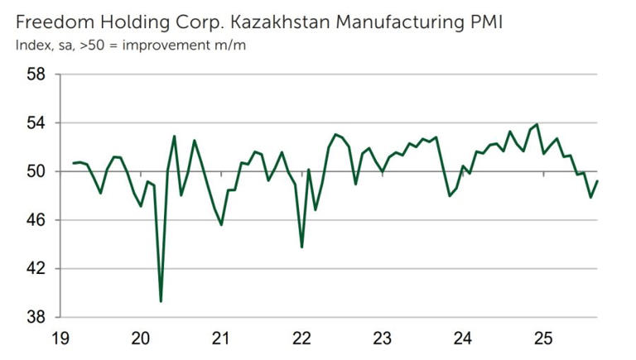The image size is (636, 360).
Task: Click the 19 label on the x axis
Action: (x=60, y=338)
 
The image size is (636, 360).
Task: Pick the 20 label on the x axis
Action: (x=141, y=338)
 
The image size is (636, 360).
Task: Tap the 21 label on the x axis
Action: (x=221, y=338)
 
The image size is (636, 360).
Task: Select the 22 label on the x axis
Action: (x=301, y=338)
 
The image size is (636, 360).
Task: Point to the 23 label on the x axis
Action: (x=382, y=338)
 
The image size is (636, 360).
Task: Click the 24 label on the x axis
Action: (x=462, y=338)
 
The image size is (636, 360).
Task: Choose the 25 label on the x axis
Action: (x=542, y=338)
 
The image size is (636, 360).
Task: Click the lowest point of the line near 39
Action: (x=161, y=301)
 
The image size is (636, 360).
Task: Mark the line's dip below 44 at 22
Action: (x=301, y=247)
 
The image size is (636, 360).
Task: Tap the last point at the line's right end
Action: (x=598, y=181)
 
